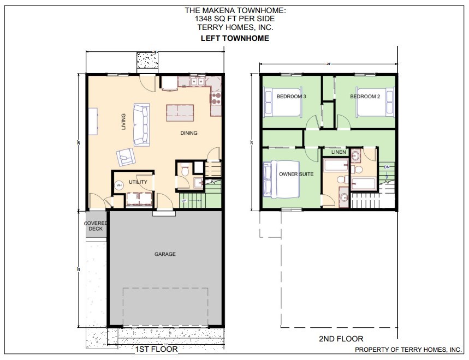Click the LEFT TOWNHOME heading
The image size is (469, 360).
coord(235,38)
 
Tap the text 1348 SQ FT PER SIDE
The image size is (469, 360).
coord(235,18)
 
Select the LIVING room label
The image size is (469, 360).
coord(123,122)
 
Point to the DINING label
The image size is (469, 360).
coord(189,133)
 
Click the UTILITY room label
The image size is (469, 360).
coord(138,182)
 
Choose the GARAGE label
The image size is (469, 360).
coord(165,254)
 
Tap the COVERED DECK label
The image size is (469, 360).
coord(96,226)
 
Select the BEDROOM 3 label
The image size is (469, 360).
coord(291,97)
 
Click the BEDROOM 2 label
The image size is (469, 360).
coord(365,97)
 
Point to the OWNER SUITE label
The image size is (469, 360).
coord(296,175)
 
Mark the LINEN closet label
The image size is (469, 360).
coord(339,152)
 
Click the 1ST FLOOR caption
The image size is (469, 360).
coord(156,349)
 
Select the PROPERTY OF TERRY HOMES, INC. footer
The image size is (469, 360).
coord(408,350)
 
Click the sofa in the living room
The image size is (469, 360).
coord(141,124)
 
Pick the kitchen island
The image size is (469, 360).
coord(181,112)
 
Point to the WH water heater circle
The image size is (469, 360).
coord(119,185)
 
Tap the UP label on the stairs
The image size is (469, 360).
coord(183,201)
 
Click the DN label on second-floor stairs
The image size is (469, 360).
coord(387,166)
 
